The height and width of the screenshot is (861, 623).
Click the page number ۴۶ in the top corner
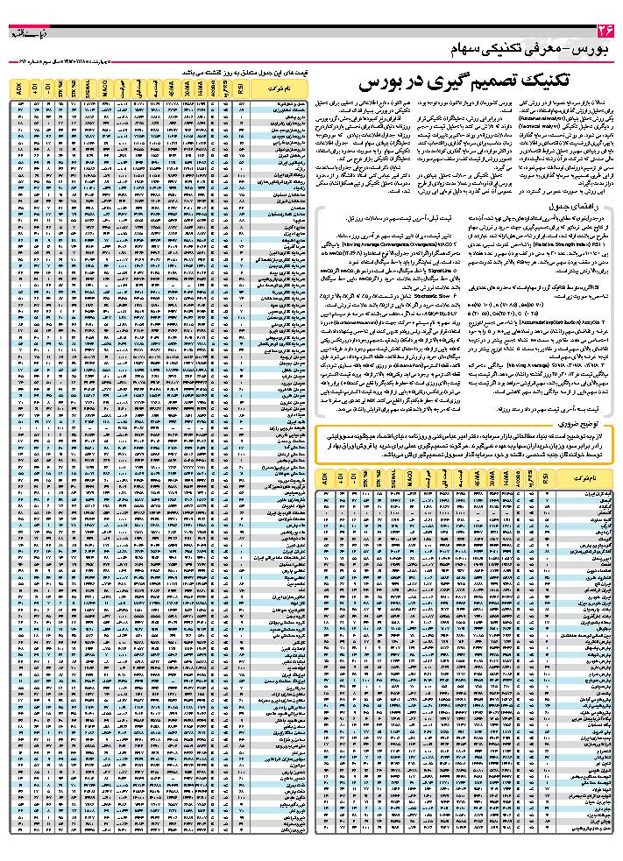[601, 32]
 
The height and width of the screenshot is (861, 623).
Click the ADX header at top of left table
[18, 88]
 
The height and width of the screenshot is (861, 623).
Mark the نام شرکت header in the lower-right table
[582, 482]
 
